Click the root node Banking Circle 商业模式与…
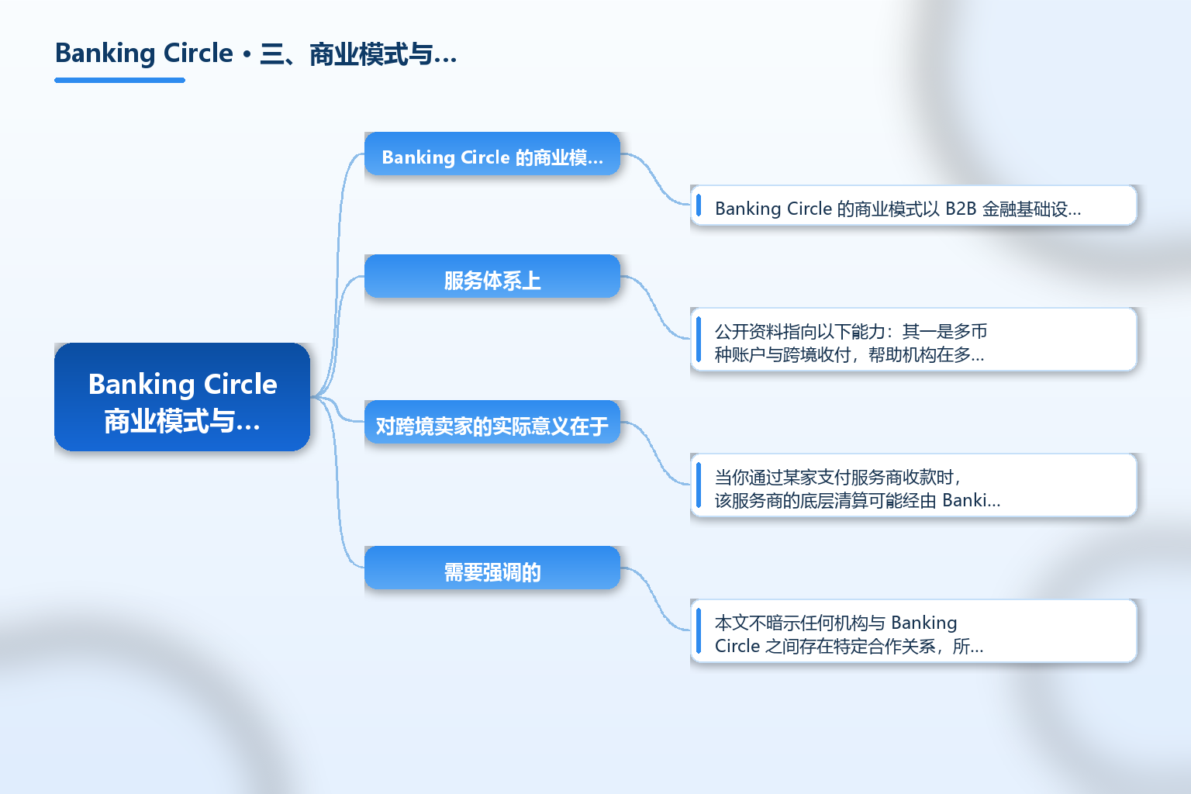pyautogui.click(x=182, y=397)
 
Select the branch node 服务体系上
pyautogui.click(x=492, y=276)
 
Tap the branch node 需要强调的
pyautogui.click(x=492, y=568)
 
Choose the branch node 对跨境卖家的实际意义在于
pyautogui.click(x=492, y=422)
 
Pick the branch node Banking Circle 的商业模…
pyautogui.click(x=492, y=154)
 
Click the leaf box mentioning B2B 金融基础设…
pyautogui.click(x=913, y=205)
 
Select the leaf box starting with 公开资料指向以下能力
pyautogui.click(x=913, y=340)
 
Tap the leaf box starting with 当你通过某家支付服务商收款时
pyautogui.click(x=913, y=485)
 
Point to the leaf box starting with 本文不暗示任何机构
pyautogui.click(x=913, y=630)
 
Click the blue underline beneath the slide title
pyautogui.click(x=119, y=81)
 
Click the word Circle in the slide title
pyautogui.click(x=198, y=54)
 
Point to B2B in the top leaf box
pyautogui.click(x=961, y=209)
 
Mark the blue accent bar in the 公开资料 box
pyautogui.click(x=699, y=340)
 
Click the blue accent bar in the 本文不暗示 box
pyautogui.click(x=699, y=630)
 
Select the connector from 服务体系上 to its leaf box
pyautogui.click(x=655, y=307)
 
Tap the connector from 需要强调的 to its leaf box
pyautogui.click(x=655, y=599)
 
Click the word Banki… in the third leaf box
pyautogui.click(x=971, y=500)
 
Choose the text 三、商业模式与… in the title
pyautogui.click(x=357, y=54)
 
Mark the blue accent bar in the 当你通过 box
pyautogui.click(x=699, y=485)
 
